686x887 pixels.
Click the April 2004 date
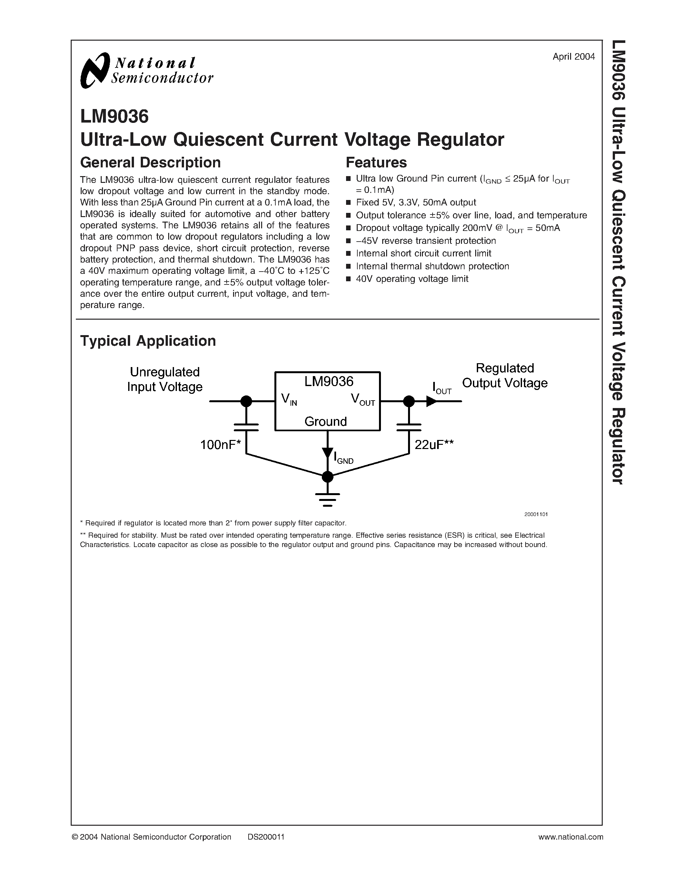(573, 57)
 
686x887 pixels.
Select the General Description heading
(150, 163)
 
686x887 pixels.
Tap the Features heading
(376, 163)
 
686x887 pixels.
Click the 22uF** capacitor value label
(434, 445)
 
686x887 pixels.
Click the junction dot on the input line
(246, 401)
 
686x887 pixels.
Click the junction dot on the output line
(409, 401)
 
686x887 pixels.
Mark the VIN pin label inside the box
(289, 400)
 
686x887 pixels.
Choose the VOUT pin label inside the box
(363, 400)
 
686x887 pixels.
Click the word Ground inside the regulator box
(325, 422)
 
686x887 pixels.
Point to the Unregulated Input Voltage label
(165, 379)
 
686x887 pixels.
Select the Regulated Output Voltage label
(505, 375)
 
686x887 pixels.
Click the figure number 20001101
(536, 514)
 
